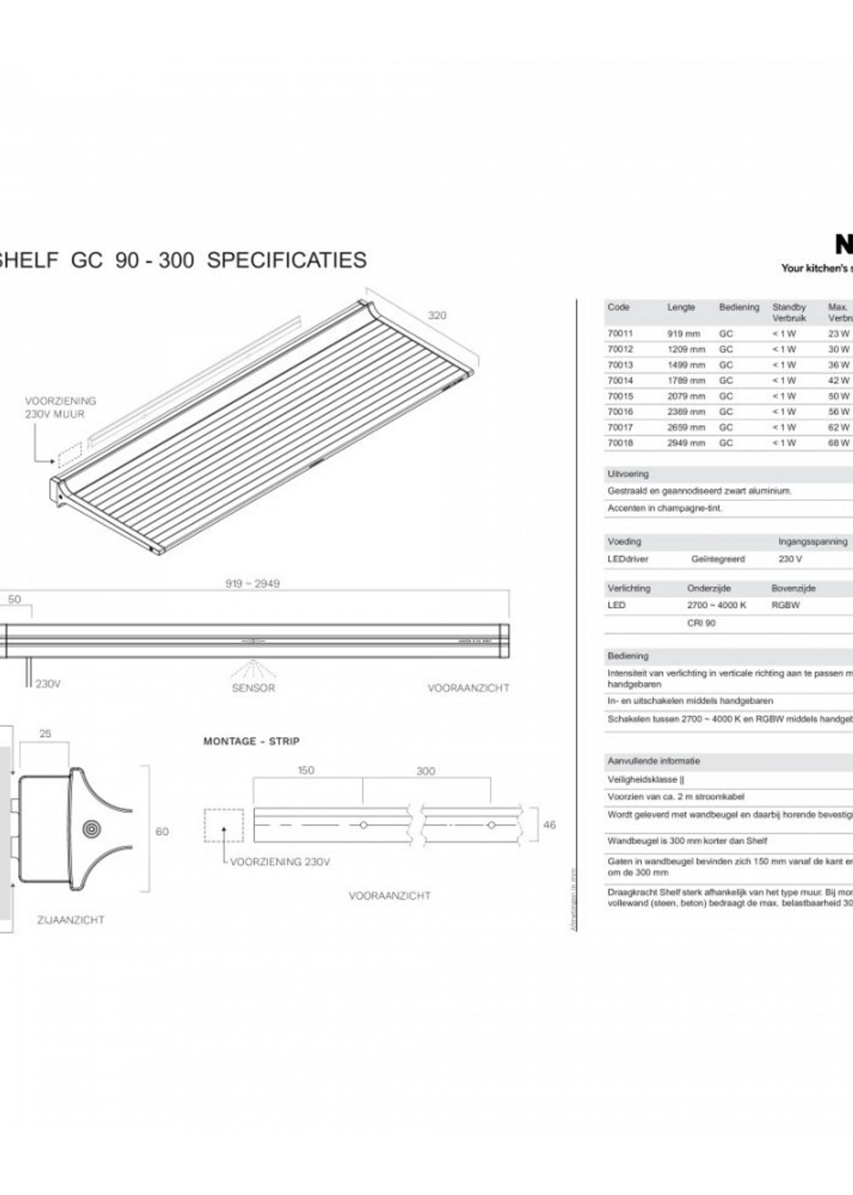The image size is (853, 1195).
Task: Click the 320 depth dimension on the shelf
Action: (x=436, y=315)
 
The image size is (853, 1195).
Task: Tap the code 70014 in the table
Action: (x=620, y=380)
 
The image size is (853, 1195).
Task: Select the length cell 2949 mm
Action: (x=686, y=443)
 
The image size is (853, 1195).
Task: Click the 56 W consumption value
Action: (x=839, y=411)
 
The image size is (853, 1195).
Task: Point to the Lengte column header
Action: (x=681, y=307)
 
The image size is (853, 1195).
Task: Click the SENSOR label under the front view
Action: (x=253, y=688)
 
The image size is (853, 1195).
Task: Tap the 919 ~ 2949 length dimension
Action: (x=252, y=584)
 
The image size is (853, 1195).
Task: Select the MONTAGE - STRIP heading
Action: (x=251, y=741)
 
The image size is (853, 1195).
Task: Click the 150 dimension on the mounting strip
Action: (x=306, y=770)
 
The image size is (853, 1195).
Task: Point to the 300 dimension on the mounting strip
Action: (x=425, y=771)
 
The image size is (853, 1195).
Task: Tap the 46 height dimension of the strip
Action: (x=549, y=825)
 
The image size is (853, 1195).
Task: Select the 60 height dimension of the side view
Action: (x=162, y=832)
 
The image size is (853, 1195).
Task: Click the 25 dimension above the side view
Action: (x=45, y=734)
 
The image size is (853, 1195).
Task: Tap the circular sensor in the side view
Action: (x=92, y=830)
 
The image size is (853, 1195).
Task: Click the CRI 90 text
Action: (x=701, y=623)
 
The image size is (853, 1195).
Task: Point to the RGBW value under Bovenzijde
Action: (x=786, y=606)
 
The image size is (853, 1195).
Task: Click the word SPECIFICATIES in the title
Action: (x=287, y=261)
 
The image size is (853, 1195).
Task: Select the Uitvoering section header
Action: (x=628, y=474)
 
